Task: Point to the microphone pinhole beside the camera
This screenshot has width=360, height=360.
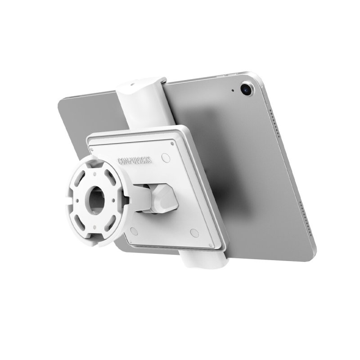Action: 233,90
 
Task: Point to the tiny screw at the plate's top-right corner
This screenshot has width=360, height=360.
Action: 174,143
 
